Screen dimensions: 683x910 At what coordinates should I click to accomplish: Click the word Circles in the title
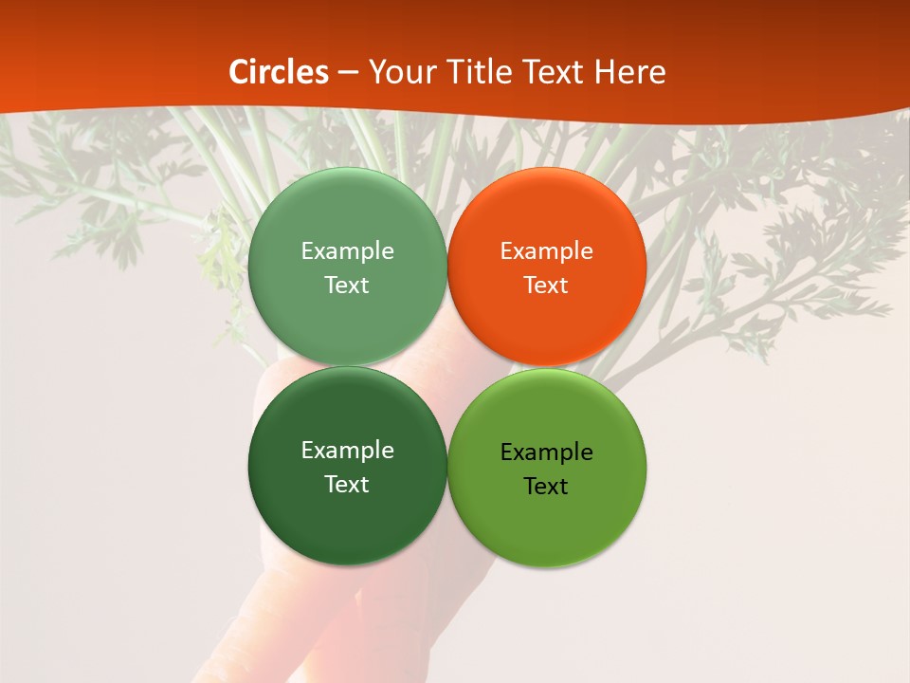279,72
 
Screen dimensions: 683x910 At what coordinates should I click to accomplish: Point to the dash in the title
348,73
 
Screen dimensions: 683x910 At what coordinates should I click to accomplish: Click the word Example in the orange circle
546,251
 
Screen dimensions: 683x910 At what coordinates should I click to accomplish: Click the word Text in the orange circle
546,286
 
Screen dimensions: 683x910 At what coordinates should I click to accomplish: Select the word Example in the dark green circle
347,451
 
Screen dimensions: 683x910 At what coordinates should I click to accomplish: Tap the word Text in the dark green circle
347,485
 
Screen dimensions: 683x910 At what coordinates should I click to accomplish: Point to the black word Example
546,452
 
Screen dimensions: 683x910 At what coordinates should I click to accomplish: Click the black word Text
546,487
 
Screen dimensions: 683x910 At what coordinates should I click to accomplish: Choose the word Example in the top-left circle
347,251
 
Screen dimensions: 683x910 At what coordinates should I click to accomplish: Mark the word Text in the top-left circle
347,286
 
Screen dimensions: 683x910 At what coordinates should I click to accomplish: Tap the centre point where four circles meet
446,367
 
